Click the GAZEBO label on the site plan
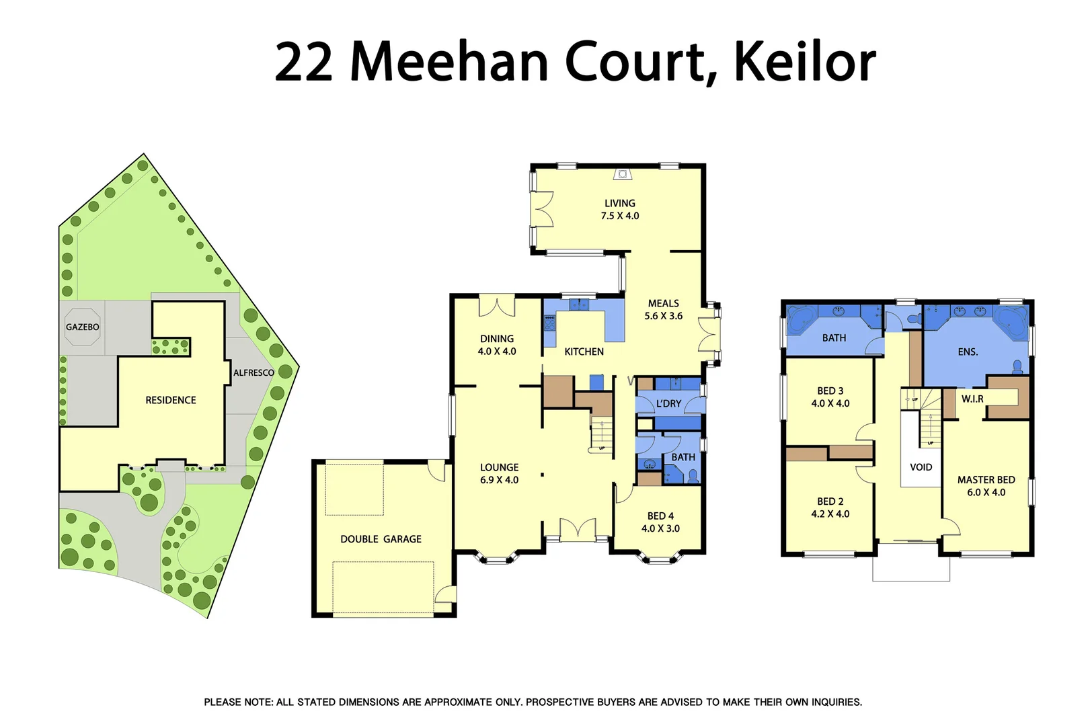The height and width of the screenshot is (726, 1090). pos(82,327)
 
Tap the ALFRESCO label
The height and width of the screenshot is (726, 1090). pos(254,373)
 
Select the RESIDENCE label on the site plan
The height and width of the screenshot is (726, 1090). pos(171,401)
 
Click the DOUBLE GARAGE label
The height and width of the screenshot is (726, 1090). pos(381,539)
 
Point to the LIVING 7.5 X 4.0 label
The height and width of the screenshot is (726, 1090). pos(619,210)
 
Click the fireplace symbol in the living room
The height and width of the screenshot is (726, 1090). pos(623,175)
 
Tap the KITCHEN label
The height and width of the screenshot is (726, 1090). pos(584,352)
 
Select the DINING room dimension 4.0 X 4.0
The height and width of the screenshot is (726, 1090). pos(497,352)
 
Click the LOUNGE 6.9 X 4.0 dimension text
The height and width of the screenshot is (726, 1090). pos(499,480)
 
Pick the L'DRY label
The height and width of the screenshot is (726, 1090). pos(668,404)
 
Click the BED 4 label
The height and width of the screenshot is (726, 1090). pos(660,516)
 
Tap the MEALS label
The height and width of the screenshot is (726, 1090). pos(663,304)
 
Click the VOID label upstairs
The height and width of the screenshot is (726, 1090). pos(921,467)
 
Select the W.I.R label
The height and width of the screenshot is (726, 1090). pos(972,399)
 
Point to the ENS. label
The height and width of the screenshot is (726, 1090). pos(968,352)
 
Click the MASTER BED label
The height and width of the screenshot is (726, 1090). pos(986,480)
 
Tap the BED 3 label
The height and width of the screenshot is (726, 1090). pos(830,391)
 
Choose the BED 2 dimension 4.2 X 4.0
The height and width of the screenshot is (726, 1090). pos(830,514)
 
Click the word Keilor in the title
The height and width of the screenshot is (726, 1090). pos(804,63)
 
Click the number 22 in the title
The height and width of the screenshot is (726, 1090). pos(304,63)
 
